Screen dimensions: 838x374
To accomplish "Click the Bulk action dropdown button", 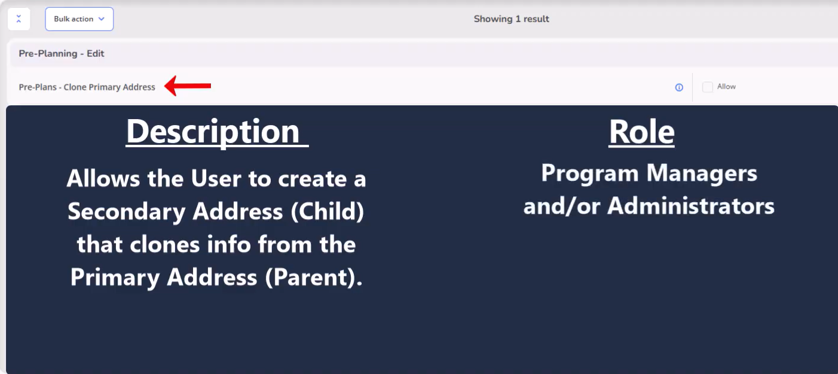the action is [79, 19].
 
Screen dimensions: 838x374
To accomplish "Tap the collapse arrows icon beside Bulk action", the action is [19, 19].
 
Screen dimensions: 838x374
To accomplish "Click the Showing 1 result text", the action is [511, 19].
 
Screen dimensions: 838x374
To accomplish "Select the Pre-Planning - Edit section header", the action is [62, 53].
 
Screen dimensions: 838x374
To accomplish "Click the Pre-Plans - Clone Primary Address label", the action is [87, 87].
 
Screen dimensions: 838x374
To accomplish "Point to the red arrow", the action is [188, 86].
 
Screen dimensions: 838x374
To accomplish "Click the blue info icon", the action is [679, 87].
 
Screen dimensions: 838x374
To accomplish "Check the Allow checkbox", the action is [708, 87].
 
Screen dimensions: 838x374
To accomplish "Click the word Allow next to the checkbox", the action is [726, 87].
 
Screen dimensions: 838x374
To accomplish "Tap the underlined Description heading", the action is [217, 132].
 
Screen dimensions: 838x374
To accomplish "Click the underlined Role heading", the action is [641, 132].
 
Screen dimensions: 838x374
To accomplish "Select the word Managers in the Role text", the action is [702, 174].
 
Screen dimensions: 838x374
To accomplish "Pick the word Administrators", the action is [690, 206].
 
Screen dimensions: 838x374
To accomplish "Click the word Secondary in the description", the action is [127, 211].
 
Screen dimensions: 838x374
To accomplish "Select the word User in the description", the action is [216, 178].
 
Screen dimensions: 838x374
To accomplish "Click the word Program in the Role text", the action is [589, 174].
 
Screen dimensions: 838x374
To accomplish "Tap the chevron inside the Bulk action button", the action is [102, 19].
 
